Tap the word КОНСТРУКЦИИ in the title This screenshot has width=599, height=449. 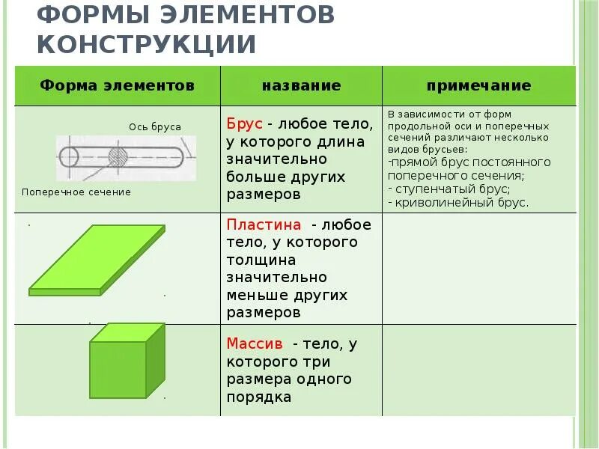[148, 44]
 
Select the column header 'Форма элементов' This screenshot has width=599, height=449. [117, 86]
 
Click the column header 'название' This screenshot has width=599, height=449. [301, 86]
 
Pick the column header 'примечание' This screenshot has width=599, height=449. [478, 86]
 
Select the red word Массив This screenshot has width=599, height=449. [255, 344]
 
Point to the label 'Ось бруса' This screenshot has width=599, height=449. [155, 127]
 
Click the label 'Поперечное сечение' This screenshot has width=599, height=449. [76, 192]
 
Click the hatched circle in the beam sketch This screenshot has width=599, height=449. [118, 156]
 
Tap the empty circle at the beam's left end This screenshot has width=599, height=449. [68, 157]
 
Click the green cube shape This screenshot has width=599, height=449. [127, 362]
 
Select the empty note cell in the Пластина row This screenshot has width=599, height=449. [479, 269]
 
